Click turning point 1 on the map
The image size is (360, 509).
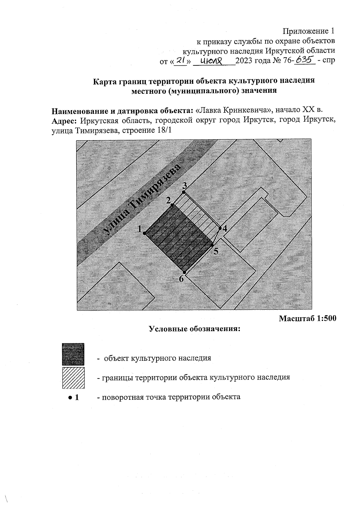[144, 233]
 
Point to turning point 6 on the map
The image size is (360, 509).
[185, 273]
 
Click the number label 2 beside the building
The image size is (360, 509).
[168, 200]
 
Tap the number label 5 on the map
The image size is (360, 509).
[216, 251]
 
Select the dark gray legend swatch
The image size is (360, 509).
[73, 354]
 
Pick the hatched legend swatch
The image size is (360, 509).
[73, 378]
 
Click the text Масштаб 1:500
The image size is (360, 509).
[307, 318]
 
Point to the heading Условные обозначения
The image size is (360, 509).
[195, 329]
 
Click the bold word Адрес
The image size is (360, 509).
[65, 121]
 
